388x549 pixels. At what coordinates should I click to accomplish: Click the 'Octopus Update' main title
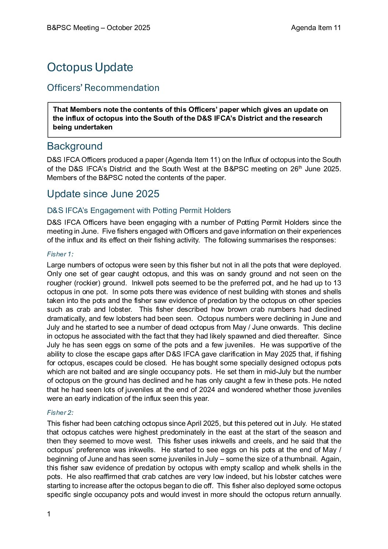90,67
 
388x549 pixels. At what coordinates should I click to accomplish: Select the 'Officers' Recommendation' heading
103,88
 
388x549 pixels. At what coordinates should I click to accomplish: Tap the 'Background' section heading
74,146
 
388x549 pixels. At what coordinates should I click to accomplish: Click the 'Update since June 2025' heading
103,194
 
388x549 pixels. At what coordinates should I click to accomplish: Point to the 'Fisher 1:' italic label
60,254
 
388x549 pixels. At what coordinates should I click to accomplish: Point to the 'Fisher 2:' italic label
60,413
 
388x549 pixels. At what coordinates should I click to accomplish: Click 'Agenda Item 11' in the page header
316,28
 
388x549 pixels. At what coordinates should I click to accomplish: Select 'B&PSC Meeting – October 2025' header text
98,28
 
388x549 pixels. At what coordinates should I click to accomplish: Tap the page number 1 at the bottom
49,514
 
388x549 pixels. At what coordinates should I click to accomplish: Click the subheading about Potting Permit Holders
139,211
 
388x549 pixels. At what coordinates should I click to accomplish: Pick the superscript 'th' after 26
299,167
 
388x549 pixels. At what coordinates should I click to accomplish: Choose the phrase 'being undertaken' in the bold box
83,127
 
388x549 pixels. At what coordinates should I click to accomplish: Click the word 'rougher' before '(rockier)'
59,283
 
